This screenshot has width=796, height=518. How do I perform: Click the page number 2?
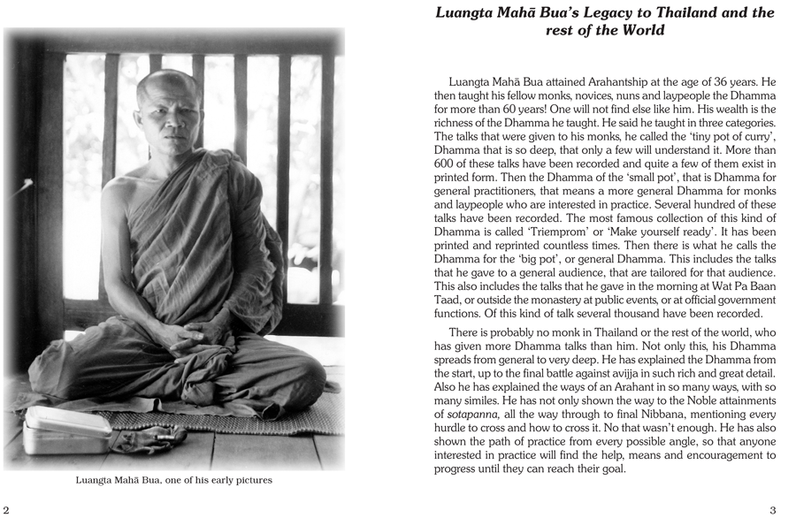[6, 509]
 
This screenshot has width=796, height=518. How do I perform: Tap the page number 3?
[772, 509]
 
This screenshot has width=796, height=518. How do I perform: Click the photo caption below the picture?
[173, 480]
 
